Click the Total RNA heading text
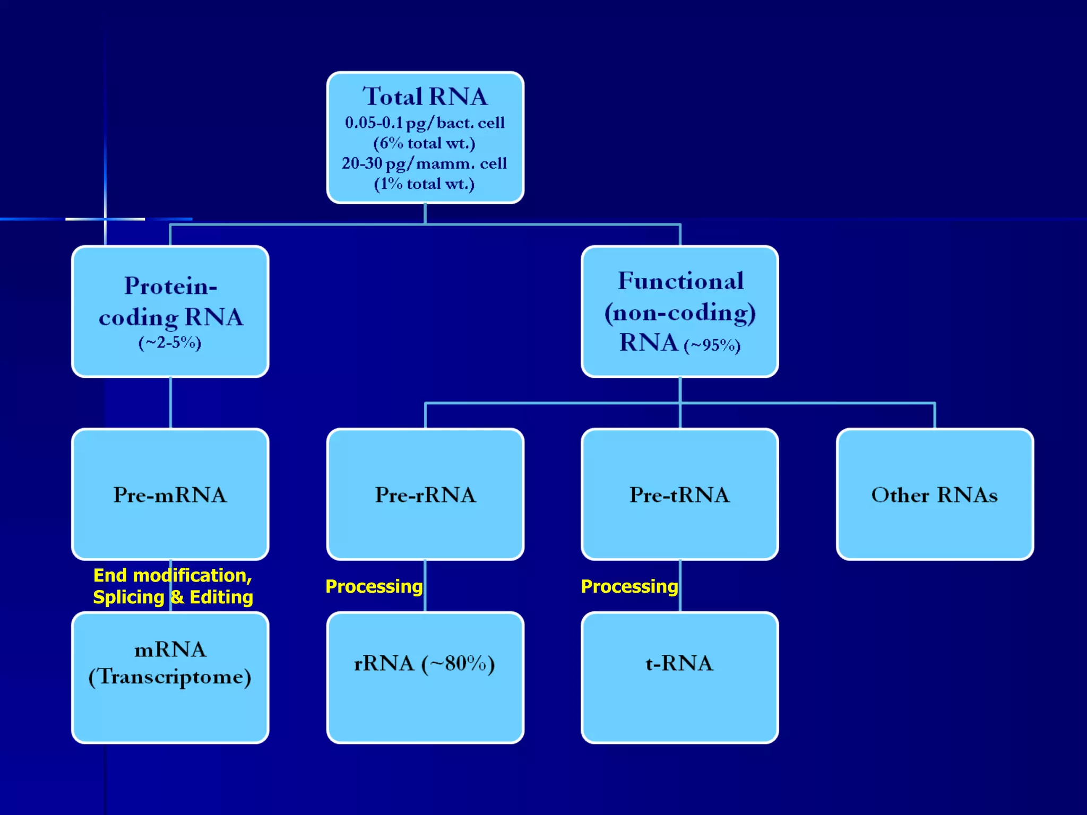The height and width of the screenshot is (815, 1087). tap(425, 97)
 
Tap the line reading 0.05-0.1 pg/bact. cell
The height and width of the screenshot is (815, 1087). tap(425, 123)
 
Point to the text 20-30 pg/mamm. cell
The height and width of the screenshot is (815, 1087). tap(424, 163)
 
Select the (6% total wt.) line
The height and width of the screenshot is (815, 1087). tap(424, 143)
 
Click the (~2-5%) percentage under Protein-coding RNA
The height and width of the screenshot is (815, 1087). tap(170, 343)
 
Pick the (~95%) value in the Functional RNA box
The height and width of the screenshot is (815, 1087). tap(712, 346)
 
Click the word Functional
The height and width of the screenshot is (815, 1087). tap(680, 281)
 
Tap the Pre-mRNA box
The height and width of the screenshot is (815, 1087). tap(170, 495)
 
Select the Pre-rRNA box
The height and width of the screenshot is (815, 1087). tap(425, 495)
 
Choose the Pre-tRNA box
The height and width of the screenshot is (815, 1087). tap(680, 495)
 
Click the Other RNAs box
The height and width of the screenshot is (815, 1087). tap(935, 495)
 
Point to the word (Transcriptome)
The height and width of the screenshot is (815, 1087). tap(170, 677)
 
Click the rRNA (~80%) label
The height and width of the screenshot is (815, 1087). tap(425, 663)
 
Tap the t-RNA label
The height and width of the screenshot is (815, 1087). tap(679, 663)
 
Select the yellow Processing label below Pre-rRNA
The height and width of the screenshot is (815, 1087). tap(374, 586)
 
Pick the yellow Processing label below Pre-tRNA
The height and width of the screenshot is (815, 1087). tap(629, 586)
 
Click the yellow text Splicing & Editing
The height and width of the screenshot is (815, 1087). tap(173, 597)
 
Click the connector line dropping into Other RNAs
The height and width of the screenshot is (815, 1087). tap(935, 416)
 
